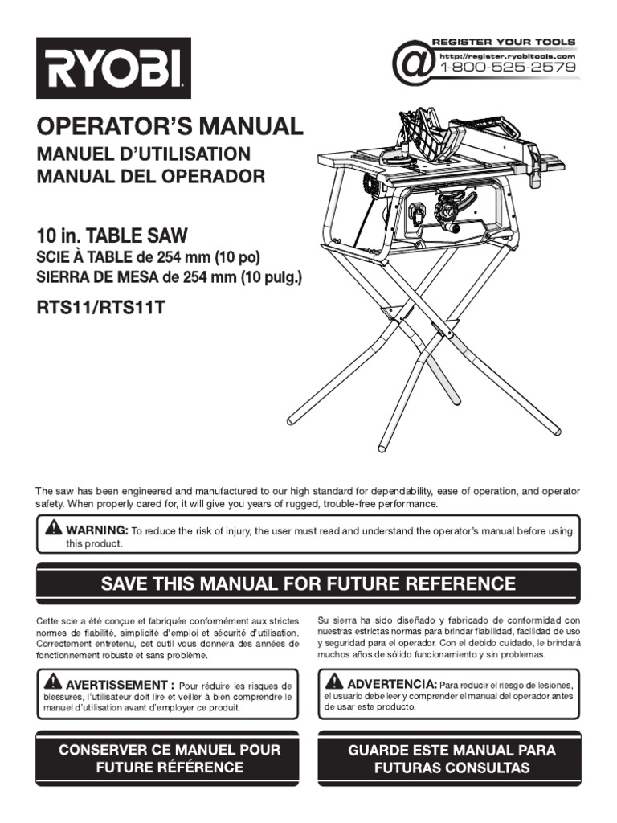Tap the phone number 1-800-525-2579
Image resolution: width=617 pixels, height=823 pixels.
click(507, 68)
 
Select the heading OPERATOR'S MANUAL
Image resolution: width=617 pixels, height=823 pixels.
click(170, 126)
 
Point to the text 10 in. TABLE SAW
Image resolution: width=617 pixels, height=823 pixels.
click(112, 236)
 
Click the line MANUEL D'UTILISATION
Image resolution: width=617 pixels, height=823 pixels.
click(144, 154)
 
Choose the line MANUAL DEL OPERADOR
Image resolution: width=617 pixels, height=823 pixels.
click(150, 177)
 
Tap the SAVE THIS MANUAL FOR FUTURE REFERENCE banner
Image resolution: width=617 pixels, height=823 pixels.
click(308, 583)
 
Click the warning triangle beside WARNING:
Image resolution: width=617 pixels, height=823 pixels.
click(53, 528)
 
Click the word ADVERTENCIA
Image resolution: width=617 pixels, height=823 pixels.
click(391, 683)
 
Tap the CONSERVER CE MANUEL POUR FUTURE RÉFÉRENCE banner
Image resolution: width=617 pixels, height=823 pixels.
click(170, 759)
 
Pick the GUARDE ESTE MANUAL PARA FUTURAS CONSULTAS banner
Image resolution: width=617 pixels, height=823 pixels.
click(451, 759)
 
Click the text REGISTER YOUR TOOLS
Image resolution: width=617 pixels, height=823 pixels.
click(504, 41)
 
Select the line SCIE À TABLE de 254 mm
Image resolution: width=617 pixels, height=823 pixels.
click(149, 258)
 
